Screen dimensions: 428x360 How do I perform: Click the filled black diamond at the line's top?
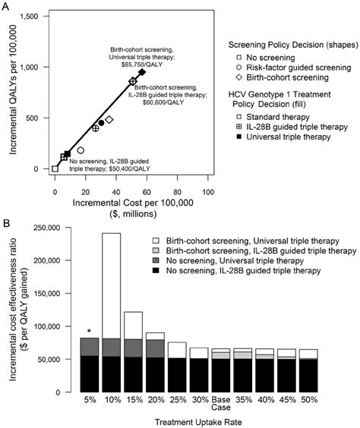[x=142, y=72]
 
